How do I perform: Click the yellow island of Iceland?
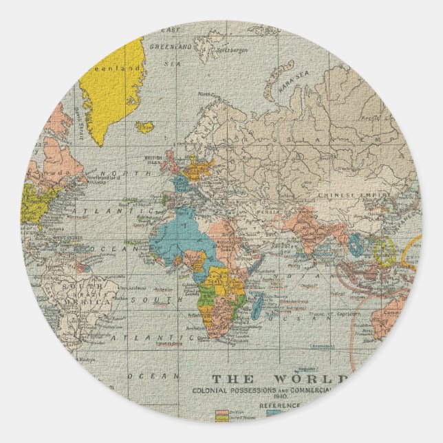tap(144, 127)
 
